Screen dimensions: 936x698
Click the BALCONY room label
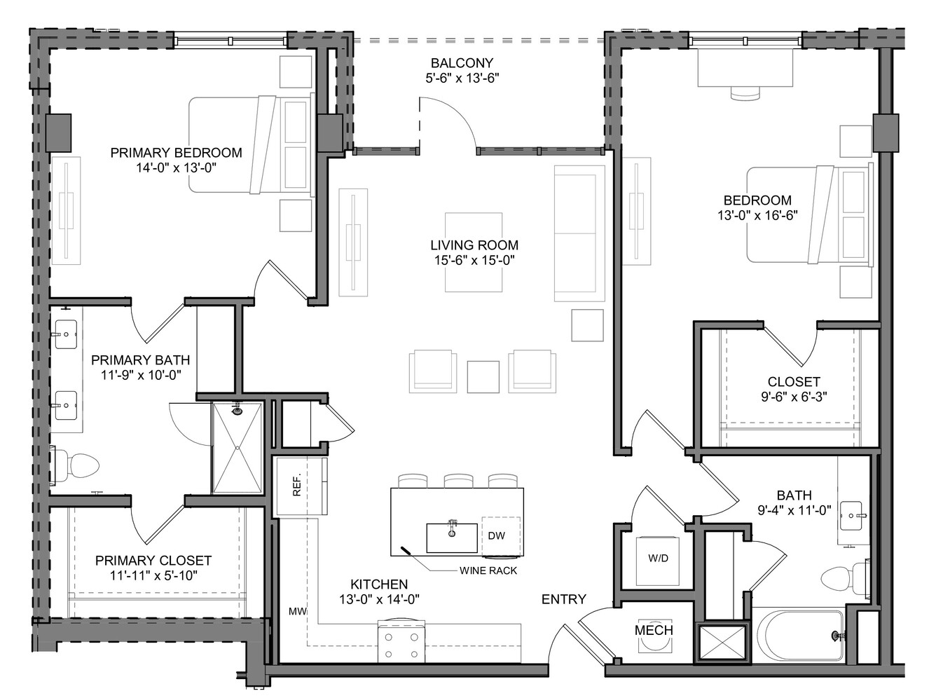tap(462, 63)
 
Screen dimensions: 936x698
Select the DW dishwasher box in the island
tap(501, 536)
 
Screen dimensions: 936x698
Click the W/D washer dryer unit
tap(658, 561)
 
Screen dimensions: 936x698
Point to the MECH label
tap(654, 630)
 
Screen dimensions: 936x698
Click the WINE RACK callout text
tap(488, 570)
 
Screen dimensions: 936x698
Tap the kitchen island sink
tap(452, 538)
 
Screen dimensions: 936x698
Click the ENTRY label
tap(564, 599)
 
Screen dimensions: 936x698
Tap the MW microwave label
tap(298, 611)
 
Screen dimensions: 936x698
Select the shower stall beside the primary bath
tap(238, 448)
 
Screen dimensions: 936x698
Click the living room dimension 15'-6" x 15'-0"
tap(474, 260)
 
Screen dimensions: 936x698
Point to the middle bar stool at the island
tap(458, 481)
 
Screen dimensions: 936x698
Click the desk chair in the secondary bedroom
tap(745, 93)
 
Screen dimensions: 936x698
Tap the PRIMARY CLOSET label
tap(153, 560)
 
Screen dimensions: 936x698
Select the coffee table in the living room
tap(474, 252)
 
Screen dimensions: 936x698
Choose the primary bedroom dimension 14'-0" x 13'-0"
tap(176, 168)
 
